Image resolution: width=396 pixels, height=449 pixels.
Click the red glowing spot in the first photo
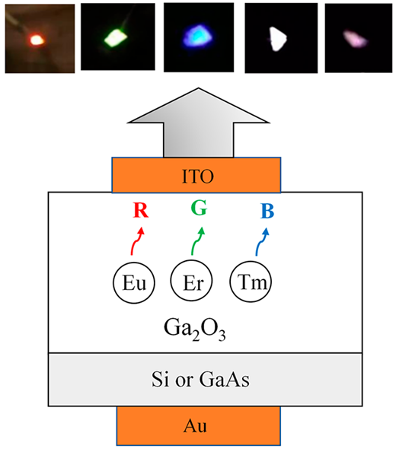point(37,40)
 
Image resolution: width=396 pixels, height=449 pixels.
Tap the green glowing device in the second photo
point(116,38)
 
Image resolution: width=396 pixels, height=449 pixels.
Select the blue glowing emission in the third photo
point(198,37)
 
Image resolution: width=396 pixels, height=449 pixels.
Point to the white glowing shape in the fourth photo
point(278,39)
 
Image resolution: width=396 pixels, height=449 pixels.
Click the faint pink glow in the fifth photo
point(355,38)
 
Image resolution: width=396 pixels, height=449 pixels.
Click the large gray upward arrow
point(198,123)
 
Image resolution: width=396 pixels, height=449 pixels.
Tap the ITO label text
point(198,176)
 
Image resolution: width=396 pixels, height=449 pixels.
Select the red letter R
point(141,210)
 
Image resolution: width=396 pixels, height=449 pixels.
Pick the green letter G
point(199,208)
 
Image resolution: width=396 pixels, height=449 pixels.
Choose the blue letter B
point(267,211)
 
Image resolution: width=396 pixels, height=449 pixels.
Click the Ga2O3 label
point(194,330)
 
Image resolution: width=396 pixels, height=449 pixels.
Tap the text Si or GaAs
point(200,379)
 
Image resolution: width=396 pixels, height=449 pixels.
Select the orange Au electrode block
point(198,426)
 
